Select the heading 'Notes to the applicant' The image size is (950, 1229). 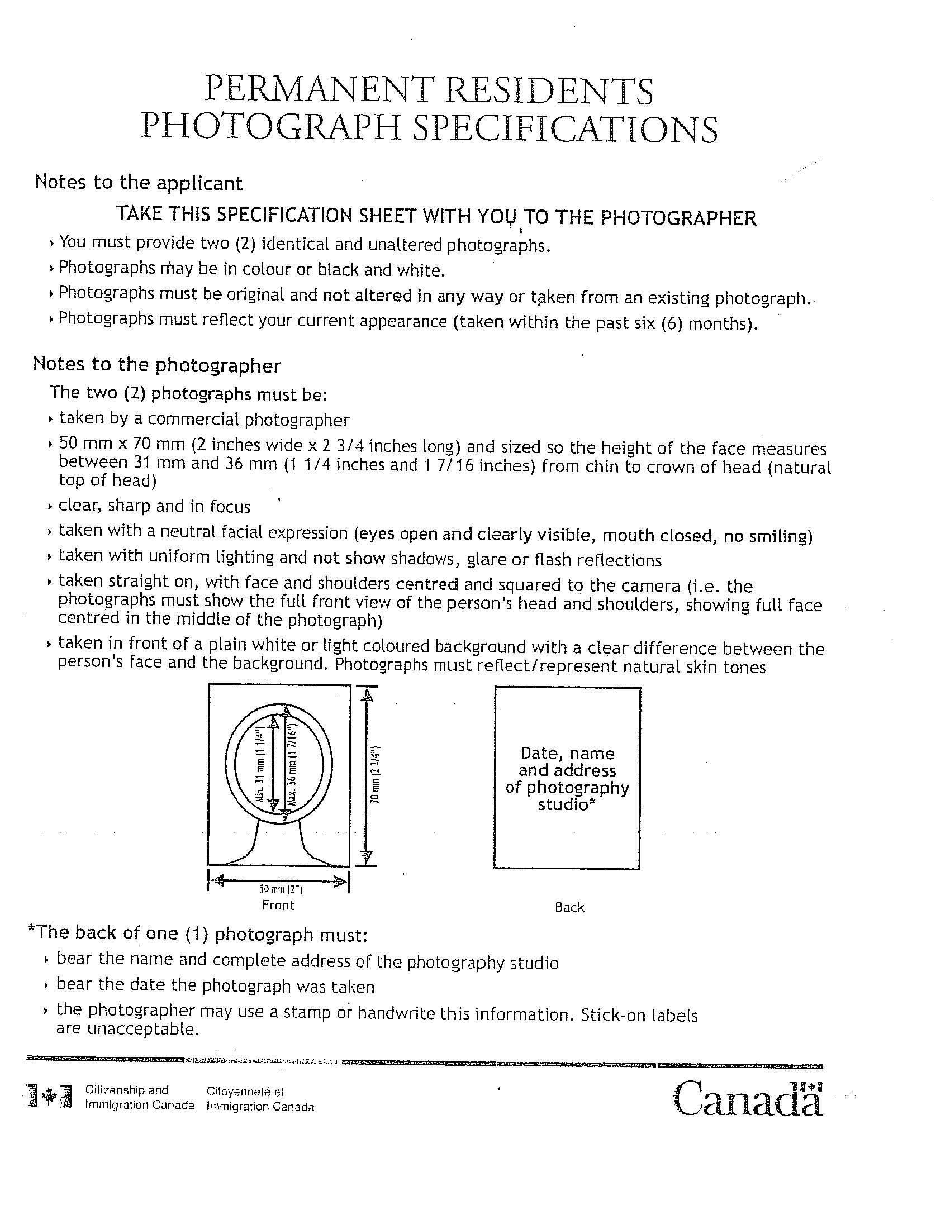click(139, 183)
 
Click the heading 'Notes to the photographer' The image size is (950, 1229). click(157, 365)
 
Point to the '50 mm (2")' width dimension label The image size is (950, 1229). click(281, 890)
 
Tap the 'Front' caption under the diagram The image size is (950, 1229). click(278, 906)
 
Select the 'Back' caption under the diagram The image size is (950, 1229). click(569, 907)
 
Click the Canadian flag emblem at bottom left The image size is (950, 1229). click(50, 1097)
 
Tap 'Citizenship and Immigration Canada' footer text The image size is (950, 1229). click(140, 1097)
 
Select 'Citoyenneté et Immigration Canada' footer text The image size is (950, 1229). click(260, 1099)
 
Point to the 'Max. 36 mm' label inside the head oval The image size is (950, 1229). click(292, 765)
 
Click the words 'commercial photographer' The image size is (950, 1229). click(249, 420)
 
